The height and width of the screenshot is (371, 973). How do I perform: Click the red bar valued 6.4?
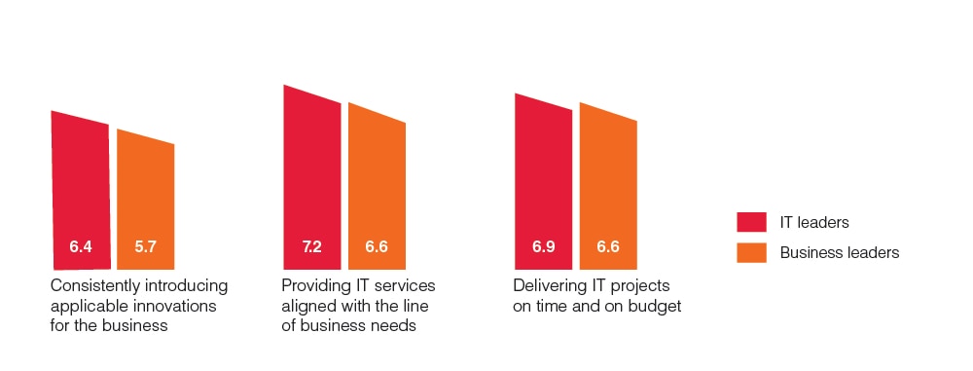[80, 185]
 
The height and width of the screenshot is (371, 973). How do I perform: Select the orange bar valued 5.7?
[146, 195]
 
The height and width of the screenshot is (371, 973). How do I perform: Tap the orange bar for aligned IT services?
[378, 180]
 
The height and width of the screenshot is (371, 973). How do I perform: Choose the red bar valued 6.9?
[543, 175]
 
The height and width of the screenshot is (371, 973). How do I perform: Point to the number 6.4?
[81, 247]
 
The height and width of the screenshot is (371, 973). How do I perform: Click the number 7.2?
[312, 247]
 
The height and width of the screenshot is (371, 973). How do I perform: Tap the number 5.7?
[146, 247]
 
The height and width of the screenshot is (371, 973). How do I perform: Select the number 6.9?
[543, 247]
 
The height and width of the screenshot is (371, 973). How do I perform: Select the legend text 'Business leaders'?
[839, 252]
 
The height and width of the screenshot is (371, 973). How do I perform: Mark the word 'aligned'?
[307, 306]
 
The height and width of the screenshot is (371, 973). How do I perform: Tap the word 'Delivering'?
[552, 286]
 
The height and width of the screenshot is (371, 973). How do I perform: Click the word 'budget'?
[655, 306]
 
